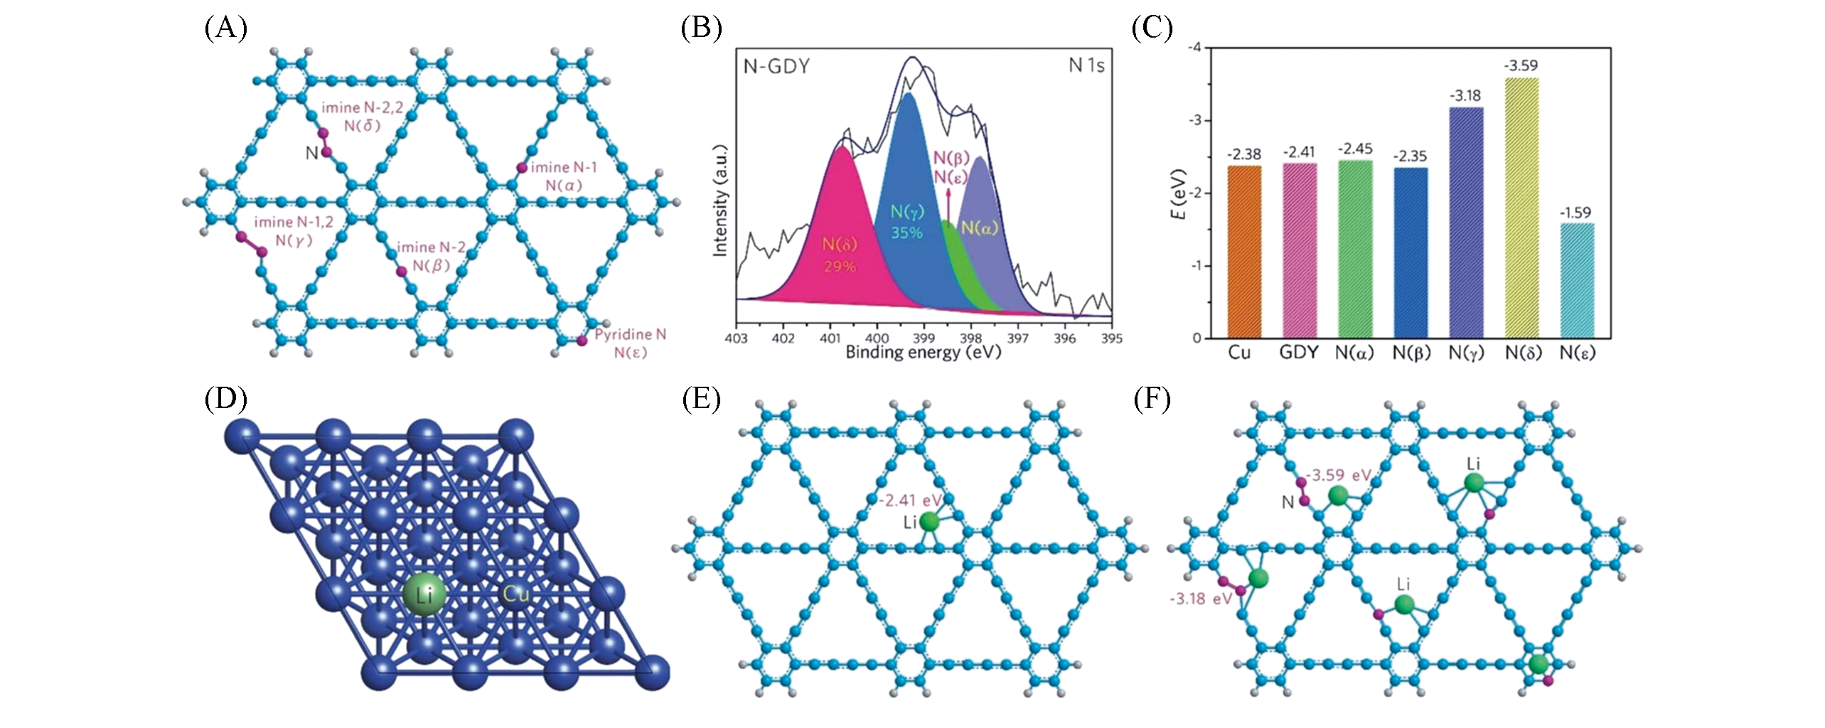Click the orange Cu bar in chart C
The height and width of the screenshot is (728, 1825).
tap(1243, 252)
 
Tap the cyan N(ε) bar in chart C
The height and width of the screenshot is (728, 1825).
tap(1577, 281)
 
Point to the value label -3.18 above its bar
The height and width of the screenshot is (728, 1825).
tap(1465, 96)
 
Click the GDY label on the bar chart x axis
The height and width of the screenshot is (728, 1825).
tap(1298, 353)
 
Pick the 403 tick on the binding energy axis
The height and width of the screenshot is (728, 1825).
tap(736, 338)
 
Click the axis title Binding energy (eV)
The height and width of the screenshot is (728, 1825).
tap(923, 352)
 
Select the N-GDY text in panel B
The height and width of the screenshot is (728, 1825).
tap(776, 66)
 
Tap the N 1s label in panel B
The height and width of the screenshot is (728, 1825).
tap(1086, 65)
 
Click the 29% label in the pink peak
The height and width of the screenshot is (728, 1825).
tap(840, 267)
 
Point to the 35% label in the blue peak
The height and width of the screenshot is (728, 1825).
tap(906, 232)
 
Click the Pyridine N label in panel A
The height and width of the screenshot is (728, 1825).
tap(631, 334)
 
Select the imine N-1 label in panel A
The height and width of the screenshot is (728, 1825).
tap(564, 167)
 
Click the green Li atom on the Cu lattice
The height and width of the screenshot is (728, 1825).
tap(424, 594)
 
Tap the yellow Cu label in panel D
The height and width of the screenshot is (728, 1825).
tap(516, 594)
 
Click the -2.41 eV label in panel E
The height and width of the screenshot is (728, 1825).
tap(910, 500)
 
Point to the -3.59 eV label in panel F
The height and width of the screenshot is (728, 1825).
tap(1339, 475)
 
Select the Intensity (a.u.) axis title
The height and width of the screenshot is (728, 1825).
tap(720, 200)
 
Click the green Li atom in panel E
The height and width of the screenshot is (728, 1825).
tap(928, 522)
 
